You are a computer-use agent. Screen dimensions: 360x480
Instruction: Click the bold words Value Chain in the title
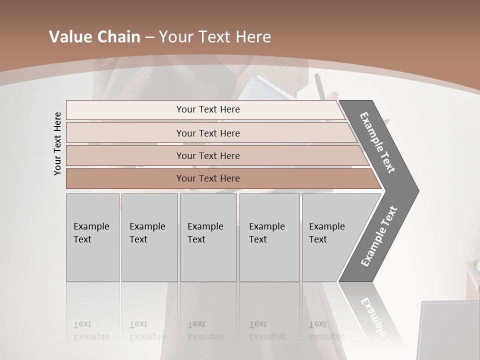(x=94, y=37)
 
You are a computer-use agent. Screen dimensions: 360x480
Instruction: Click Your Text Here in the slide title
(x=215, y=37)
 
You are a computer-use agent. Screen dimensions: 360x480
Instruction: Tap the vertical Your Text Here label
(x=57, y=143)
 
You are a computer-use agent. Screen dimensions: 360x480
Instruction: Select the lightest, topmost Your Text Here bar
(x=208, y=109)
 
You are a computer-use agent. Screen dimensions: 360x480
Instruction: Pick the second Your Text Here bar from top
(x=208, y=133)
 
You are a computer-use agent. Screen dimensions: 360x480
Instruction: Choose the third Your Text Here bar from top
(x=208, y=155)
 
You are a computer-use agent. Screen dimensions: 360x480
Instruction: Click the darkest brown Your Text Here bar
(x=208, y=178)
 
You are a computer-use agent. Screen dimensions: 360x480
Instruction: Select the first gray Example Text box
(x=92, y=237)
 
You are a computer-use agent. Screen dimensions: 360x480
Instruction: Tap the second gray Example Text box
(x=149, y=237)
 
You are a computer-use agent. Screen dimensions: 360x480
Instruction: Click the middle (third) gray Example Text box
(x=208, y=237)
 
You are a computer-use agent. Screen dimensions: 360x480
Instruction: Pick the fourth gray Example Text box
(x=269, y=237)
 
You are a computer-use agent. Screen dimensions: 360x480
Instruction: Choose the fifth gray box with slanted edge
(x=330, y=237)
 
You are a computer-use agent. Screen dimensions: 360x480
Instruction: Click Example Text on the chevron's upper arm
(x=377, y=142)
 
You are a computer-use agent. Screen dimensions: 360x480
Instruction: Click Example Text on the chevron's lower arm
(x=379, y=236)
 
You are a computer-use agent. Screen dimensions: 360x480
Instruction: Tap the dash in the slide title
(x=149, y=37)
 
